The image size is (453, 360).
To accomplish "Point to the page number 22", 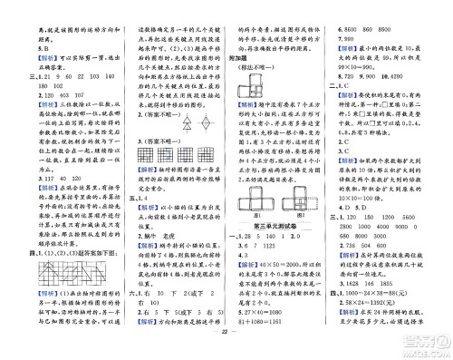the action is (x=225, y=351).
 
